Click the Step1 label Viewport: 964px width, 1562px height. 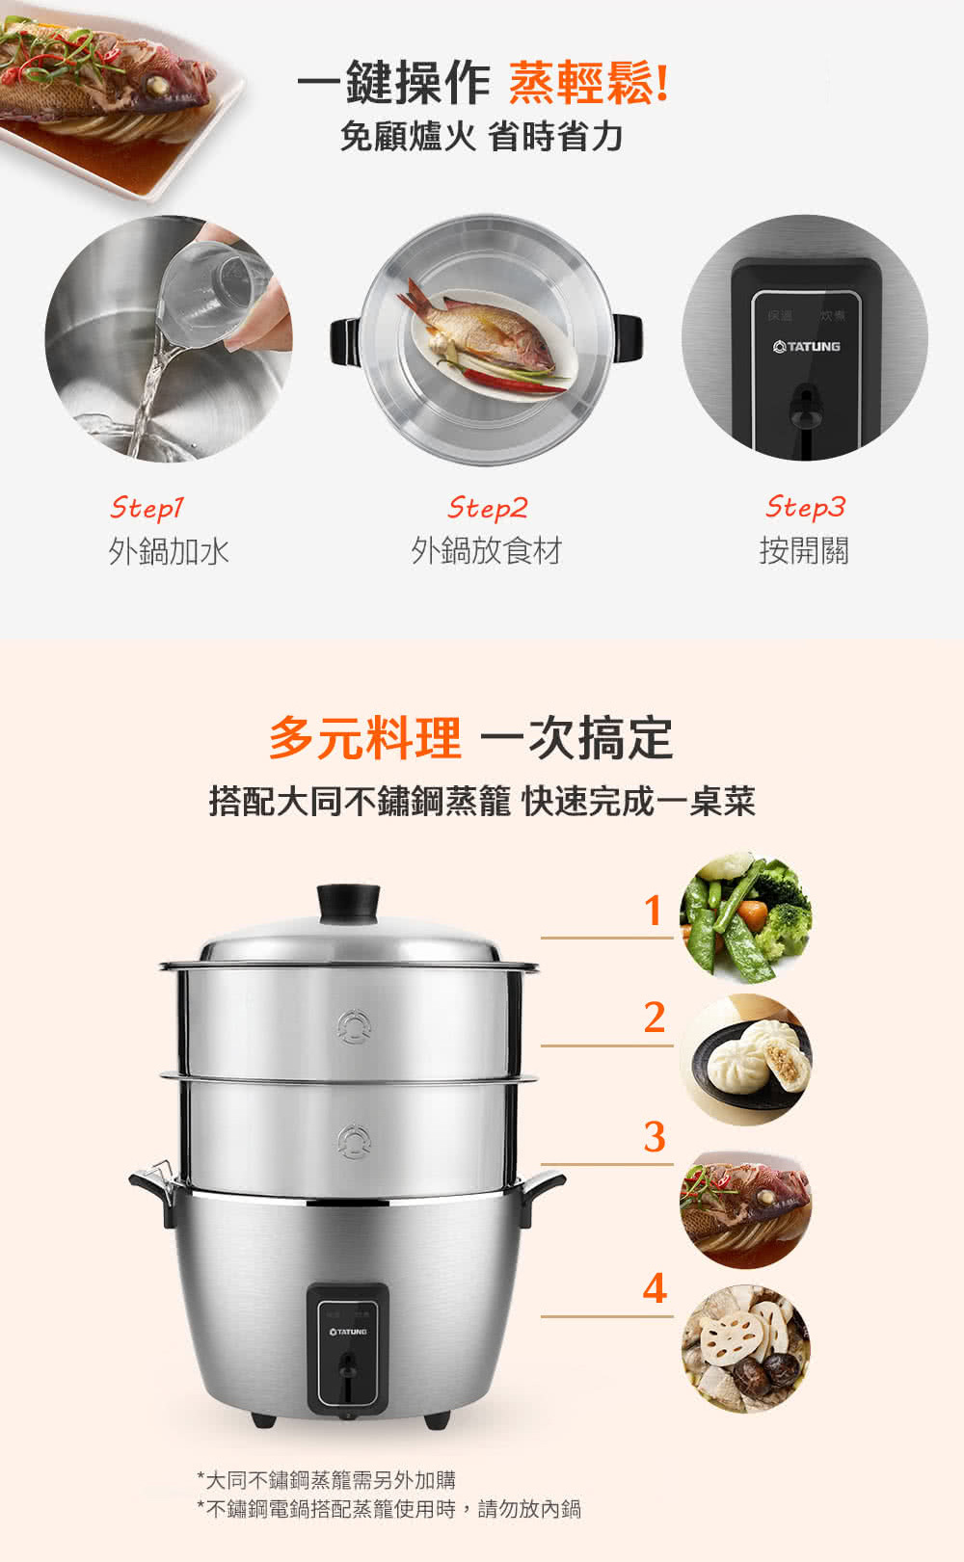click(x=147, y=507)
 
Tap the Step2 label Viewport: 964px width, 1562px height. click(x=487, y=507)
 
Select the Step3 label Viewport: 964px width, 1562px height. click(x=805, y=506)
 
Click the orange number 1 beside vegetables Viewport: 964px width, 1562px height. click(x=654, y=911)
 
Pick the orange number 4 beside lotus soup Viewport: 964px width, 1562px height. click(x=655, y=1288)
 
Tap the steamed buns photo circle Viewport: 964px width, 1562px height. click(x=746, y=1060)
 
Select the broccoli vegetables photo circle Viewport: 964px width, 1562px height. click(x=746, y=916)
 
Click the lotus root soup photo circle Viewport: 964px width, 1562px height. click(x=746, y=1349)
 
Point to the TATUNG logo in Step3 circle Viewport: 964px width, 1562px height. click(x=807, y=346)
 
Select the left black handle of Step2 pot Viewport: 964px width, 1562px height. click(x=345, y=341)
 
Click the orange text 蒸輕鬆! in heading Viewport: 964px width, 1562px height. click(x=588, y=83)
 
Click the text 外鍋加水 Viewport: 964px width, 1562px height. click(x=169, y=551)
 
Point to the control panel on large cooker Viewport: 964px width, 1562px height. click(x=348, y=1347)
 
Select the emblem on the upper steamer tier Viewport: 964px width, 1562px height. click(x=353, y=1026)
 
